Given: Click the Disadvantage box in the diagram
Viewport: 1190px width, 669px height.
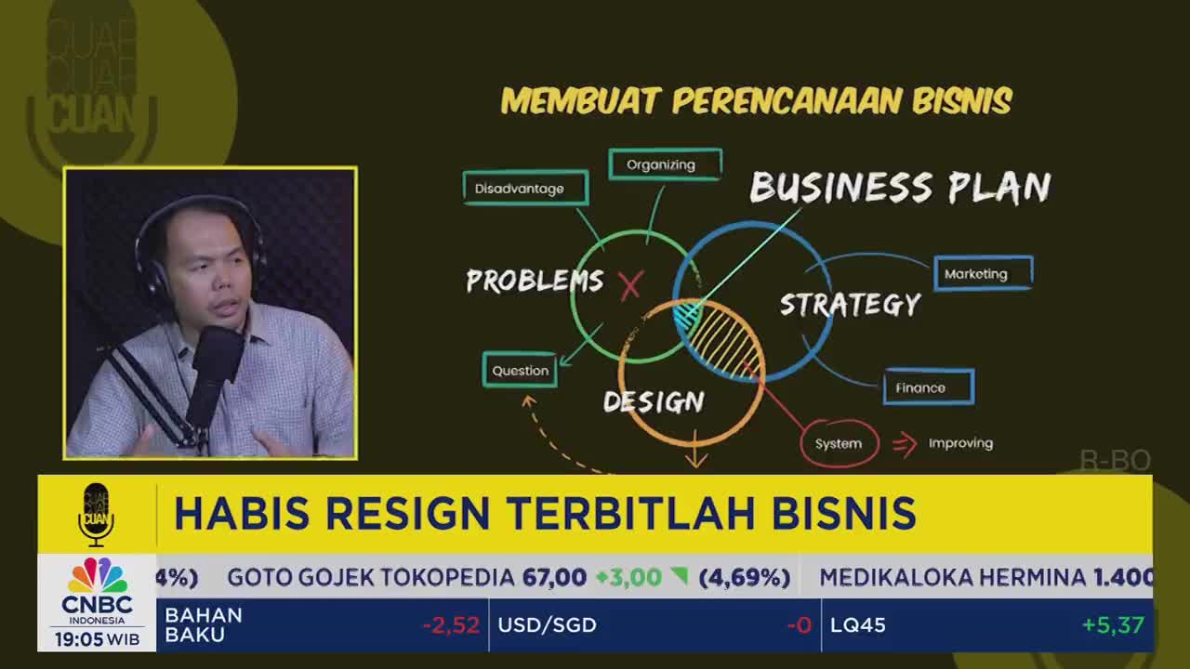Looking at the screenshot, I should coord(525,189).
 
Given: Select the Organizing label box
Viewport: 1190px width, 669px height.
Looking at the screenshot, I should coord(665,164).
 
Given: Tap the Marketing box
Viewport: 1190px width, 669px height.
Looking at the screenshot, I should coord(983,274).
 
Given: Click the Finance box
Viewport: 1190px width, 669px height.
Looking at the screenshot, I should coord(928,387).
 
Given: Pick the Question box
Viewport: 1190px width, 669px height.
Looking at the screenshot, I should coord(520,370).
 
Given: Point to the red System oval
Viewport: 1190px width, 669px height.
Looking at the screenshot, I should coord(839,443).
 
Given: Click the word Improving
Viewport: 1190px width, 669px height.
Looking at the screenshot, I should coord(960,443).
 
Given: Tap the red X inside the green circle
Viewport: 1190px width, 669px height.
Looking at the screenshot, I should coord(630,285).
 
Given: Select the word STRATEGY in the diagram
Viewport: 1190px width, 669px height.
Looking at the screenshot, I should coord(850,305).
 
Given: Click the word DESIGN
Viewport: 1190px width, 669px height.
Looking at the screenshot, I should coord(654,401).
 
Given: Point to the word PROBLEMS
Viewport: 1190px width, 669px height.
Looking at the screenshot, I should coord(535,281).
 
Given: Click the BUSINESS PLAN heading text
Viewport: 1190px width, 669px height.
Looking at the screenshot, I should coord(899,188).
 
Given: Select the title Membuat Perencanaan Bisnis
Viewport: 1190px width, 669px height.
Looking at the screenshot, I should coord(756,100).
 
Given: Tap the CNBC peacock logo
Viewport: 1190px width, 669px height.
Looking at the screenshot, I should coord(97,576).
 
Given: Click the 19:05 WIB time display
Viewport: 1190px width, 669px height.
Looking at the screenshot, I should coord(97,639).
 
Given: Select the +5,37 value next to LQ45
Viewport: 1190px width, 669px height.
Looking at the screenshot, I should coord(1112,625).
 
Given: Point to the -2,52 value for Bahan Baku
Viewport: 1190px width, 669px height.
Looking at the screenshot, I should coord(451,625).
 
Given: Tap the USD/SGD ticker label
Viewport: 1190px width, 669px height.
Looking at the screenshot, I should coord(547,625).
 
